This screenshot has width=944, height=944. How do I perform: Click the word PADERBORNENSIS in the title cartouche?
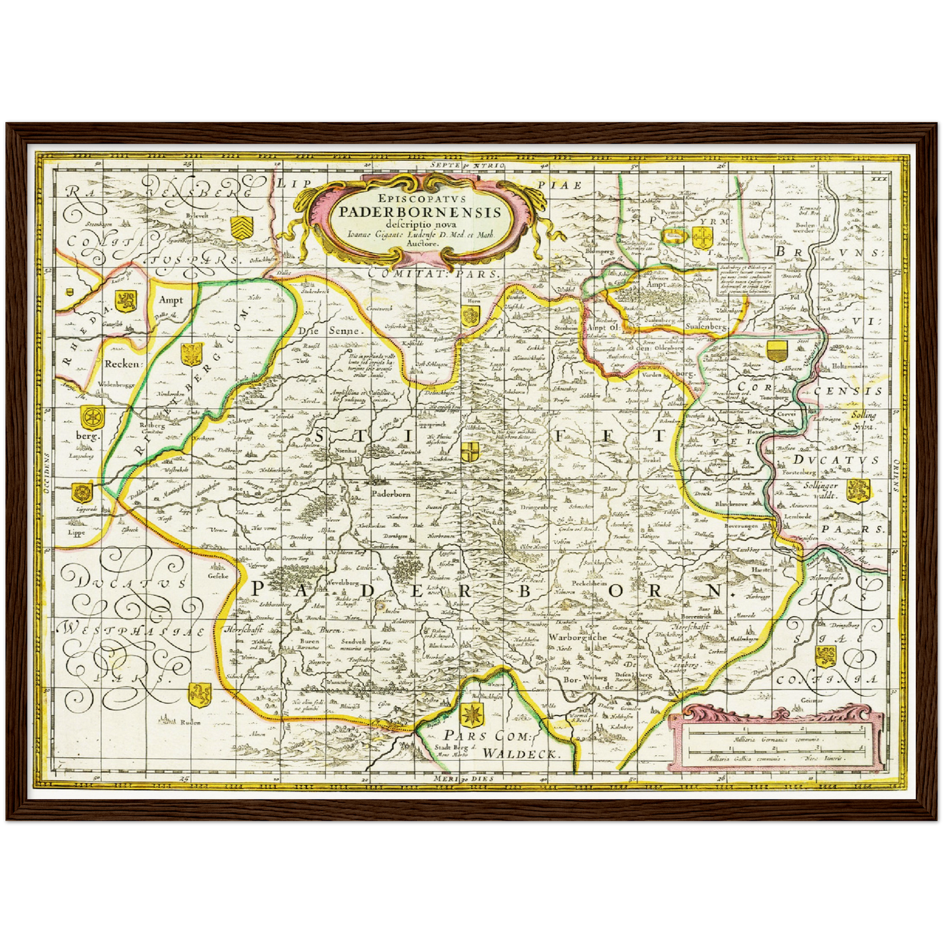[x=420, y=212]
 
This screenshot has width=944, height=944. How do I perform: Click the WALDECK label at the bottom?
[x=521, y=753]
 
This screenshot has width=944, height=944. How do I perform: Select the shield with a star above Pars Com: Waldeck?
[x=472, y=715]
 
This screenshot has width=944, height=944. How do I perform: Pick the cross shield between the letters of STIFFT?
[x=470, y=451]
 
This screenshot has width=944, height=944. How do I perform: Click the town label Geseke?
[x=218, y=576]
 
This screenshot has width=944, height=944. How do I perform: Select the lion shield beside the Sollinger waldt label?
[x=858, y=490]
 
